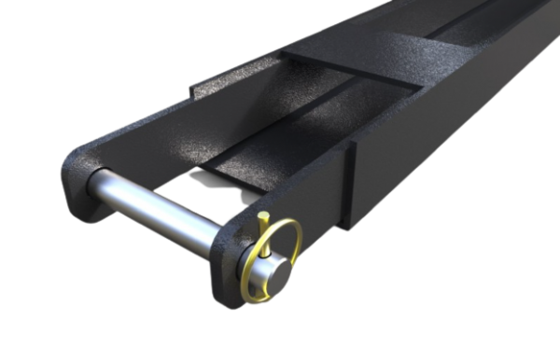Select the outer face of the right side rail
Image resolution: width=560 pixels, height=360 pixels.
(439, 159)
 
